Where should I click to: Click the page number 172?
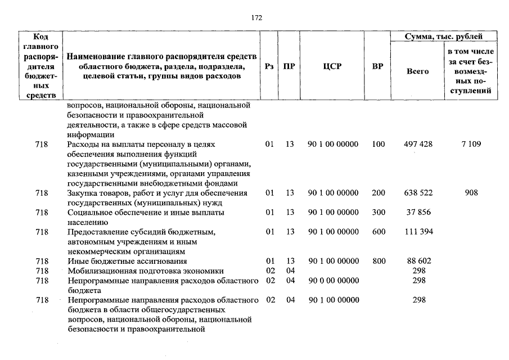pos(256,17)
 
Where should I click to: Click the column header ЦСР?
pos(332,66)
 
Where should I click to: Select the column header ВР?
pos(378,66)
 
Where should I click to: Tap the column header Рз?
pos(269,66)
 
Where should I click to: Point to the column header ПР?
pos(290,66)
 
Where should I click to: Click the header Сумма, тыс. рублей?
pos(444,37)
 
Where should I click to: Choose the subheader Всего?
pos(417,71)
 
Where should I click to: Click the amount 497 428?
pos(418,144)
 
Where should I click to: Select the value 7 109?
pos(471,144)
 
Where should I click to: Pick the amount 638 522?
pos(418,193)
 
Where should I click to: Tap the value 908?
pos(471,193)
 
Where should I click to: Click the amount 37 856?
pos(418,213)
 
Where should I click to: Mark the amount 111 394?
pos(418,232)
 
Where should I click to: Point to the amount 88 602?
pos(418,261)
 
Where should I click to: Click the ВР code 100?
pos(379,144)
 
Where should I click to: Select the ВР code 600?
pos(379,232)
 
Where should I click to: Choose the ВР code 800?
pos(379,261)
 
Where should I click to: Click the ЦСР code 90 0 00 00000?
pos(333,280)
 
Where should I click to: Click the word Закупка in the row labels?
pos(81,193)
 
